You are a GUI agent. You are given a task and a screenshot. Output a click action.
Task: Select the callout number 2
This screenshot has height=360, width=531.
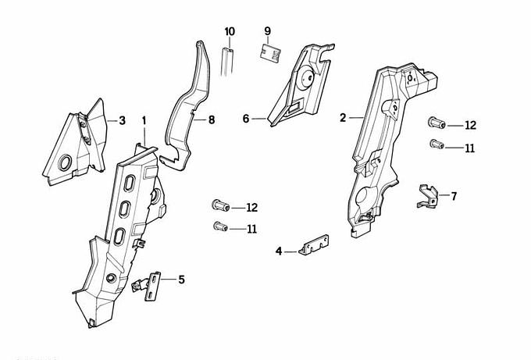tap(343, 118)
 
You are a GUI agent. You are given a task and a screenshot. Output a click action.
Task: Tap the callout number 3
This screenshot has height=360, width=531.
tap(122, 120)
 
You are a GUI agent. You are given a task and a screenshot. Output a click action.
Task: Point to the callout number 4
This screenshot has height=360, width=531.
tap(279, 251)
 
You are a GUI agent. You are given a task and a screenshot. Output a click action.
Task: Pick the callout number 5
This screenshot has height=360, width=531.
tap(182, 278)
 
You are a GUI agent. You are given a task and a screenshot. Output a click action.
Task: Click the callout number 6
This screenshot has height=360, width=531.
tap(245, 119)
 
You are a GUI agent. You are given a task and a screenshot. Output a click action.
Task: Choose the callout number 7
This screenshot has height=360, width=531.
tap(454, 195)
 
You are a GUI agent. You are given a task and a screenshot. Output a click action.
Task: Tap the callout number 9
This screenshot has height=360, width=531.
tap(267, 31)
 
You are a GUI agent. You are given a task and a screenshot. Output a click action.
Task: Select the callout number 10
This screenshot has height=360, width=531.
tap(230, 31)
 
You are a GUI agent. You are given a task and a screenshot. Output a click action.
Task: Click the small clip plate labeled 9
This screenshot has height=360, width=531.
tap(269, 52)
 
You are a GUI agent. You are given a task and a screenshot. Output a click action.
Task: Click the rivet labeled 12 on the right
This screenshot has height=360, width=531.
tap(436, 123)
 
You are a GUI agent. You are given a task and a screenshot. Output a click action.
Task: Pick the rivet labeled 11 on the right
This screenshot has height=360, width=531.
tap(437, 144)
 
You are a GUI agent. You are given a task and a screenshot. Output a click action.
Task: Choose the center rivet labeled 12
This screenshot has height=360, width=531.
tap(219, 206)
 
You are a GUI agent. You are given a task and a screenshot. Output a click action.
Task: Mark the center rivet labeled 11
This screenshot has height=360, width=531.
tap(219, 227)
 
